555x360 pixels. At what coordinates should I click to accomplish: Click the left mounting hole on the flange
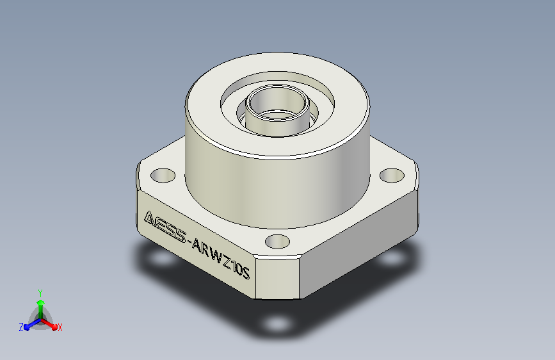point(163,176)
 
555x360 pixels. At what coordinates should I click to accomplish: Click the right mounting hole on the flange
point(392,176)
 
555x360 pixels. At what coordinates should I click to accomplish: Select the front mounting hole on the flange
point(278,241)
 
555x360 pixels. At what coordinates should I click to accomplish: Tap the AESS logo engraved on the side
point(165,226)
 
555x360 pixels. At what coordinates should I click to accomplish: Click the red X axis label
point(60,328)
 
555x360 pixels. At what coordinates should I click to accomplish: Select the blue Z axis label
point(21,327)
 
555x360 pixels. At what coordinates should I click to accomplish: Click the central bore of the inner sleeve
point(277,104)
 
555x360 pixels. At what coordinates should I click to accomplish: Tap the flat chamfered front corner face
point(278,277)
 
